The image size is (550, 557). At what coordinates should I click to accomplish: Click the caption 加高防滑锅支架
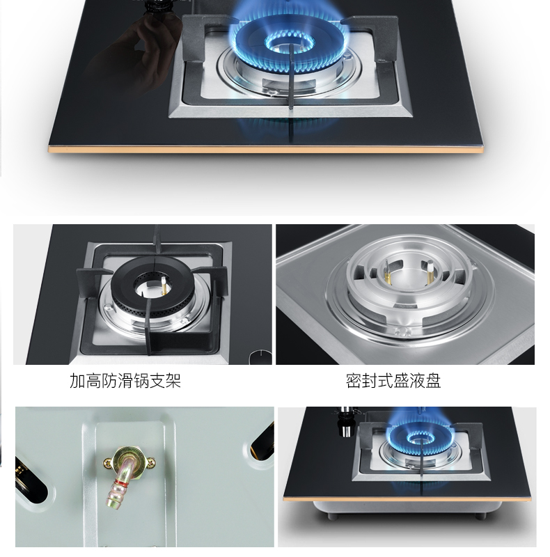click(x=125, y=380)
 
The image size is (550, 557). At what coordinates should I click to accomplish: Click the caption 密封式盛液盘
click(x=393, y=380)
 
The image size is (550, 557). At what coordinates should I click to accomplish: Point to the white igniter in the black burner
click(x=164, y=285)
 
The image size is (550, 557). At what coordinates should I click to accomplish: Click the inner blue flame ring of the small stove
click(x=421, y=439)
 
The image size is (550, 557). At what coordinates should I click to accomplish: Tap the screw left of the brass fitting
click(x=107, y=463)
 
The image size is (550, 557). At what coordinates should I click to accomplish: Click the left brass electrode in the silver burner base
click(x=386, y=270)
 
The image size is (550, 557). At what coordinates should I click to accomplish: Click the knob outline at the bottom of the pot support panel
click(x=260, y=357)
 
